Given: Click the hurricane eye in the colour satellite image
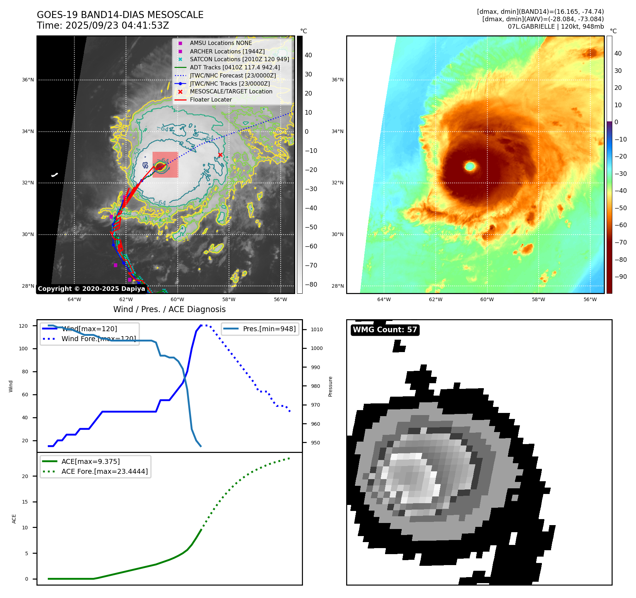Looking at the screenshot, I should [470, 166].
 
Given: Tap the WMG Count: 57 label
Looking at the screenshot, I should [385, 330].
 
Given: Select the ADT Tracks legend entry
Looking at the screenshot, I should [235, 67].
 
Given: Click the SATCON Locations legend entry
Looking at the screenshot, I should [239, 59].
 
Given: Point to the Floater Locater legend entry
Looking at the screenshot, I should [211, 99].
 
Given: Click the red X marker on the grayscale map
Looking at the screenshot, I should [220, 155].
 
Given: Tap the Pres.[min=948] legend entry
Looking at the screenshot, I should [269, 329].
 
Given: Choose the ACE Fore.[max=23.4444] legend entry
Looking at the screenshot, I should [104, 471].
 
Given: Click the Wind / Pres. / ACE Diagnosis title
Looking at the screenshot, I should [169, 309].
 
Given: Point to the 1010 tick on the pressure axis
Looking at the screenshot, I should [316, 329].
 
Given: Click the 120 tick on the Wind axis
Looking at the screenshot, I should [23, 326].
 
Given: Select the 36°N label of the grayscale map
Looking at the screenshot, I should [28, 80].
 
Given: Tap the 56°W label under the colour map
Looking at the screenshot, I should [590, 299].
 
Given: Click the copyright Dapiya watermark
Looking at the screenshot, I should [91, 289].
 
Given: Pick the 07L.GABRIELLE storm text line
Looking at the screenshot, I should [556, 27].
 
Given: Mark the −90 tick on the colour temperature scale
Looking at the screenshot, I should [620, 277].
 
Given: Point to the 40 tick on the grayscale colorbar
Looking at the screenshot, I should [308, 55].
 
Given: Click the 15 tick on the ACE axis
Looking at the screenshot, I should [25, 502].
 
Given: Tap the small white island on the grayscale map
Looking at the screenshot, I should [55, 175].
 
